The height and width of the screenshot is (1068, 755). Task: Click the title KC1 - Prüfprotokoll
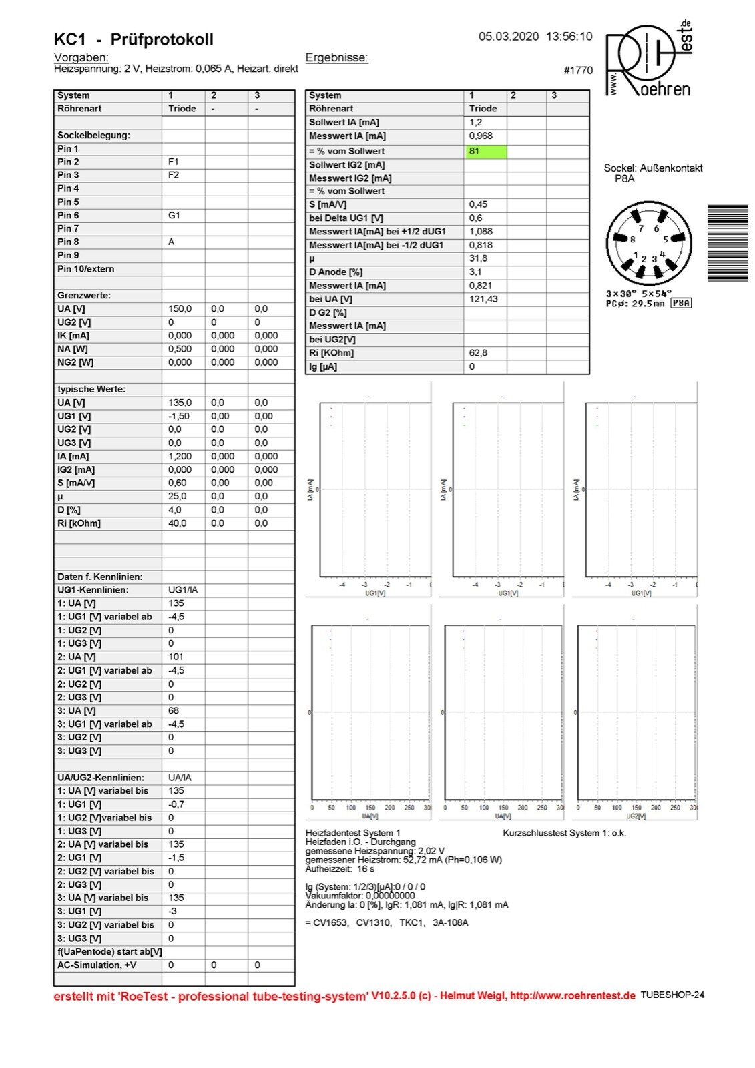coord(134,39)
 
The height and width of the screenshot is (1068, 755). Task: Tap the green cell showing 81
coord(485,151)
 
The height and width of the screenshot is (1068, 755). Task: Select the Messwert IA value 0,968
coord(481,136)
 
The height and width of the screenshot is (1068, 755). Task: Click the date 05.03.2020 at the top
coord(508,37)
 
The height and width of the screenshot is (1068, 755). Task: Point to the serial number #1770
coord(578,70)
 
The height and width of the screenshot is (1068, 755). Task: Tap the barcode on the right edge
coord(728,244)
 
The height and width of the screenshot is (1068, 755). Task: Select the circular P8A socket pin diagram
coord(648,244)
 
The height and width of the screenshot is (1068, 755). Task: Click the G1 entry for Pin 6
coord(174,215)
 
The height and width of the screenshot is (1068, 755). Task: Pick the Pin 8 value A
coord(172,242)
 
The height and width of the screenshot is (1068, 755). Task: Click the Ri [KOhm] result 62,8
coord(478,352)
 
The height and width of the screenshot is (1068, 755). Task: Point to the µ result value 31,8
coord(478,258)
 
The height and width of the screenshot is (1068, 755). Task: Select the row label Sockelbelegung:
coord(93,135)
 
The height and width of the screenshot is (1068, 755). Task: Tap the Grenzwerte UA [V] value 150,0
coord(180,309)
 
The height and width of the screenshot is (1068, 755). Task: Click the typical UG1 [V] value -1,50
coord(179,416)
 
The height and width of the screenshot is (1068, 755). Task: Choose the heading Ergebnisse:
coord(336,57)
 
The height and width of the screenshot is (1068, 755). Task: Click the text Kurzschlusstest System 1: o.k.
coord(564,833)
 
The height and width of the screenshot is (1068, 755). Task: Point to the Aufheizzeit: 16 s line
coord(340,869)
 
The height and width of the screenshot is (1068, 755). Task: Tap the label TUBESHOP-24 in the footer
coord(672,995)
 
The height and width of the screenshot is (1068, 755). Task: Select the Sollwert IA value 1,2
coord(475,122)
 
